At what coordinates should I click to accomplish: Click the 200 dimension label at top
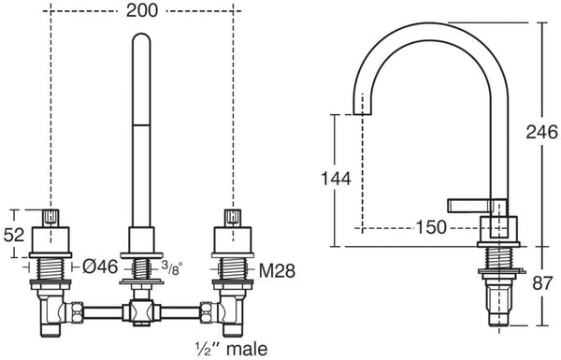(x=142, y=10)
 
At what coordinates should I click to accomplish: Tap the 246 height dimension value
(x=541, y=132)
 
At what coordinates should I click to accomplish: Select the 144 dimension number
(x=336, y=179)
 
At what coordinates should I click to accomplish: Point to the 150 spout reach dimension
(x=431, y=227)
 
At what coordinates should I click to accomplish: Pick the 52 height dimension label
(x=14, y=235)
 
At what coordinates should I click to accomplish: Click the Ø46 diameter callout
(x=100, y=266)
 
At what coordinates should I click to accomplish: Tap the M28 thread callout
(x=278, y=271)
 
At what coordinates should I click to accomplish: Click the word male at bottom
(x=247, y=349)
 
